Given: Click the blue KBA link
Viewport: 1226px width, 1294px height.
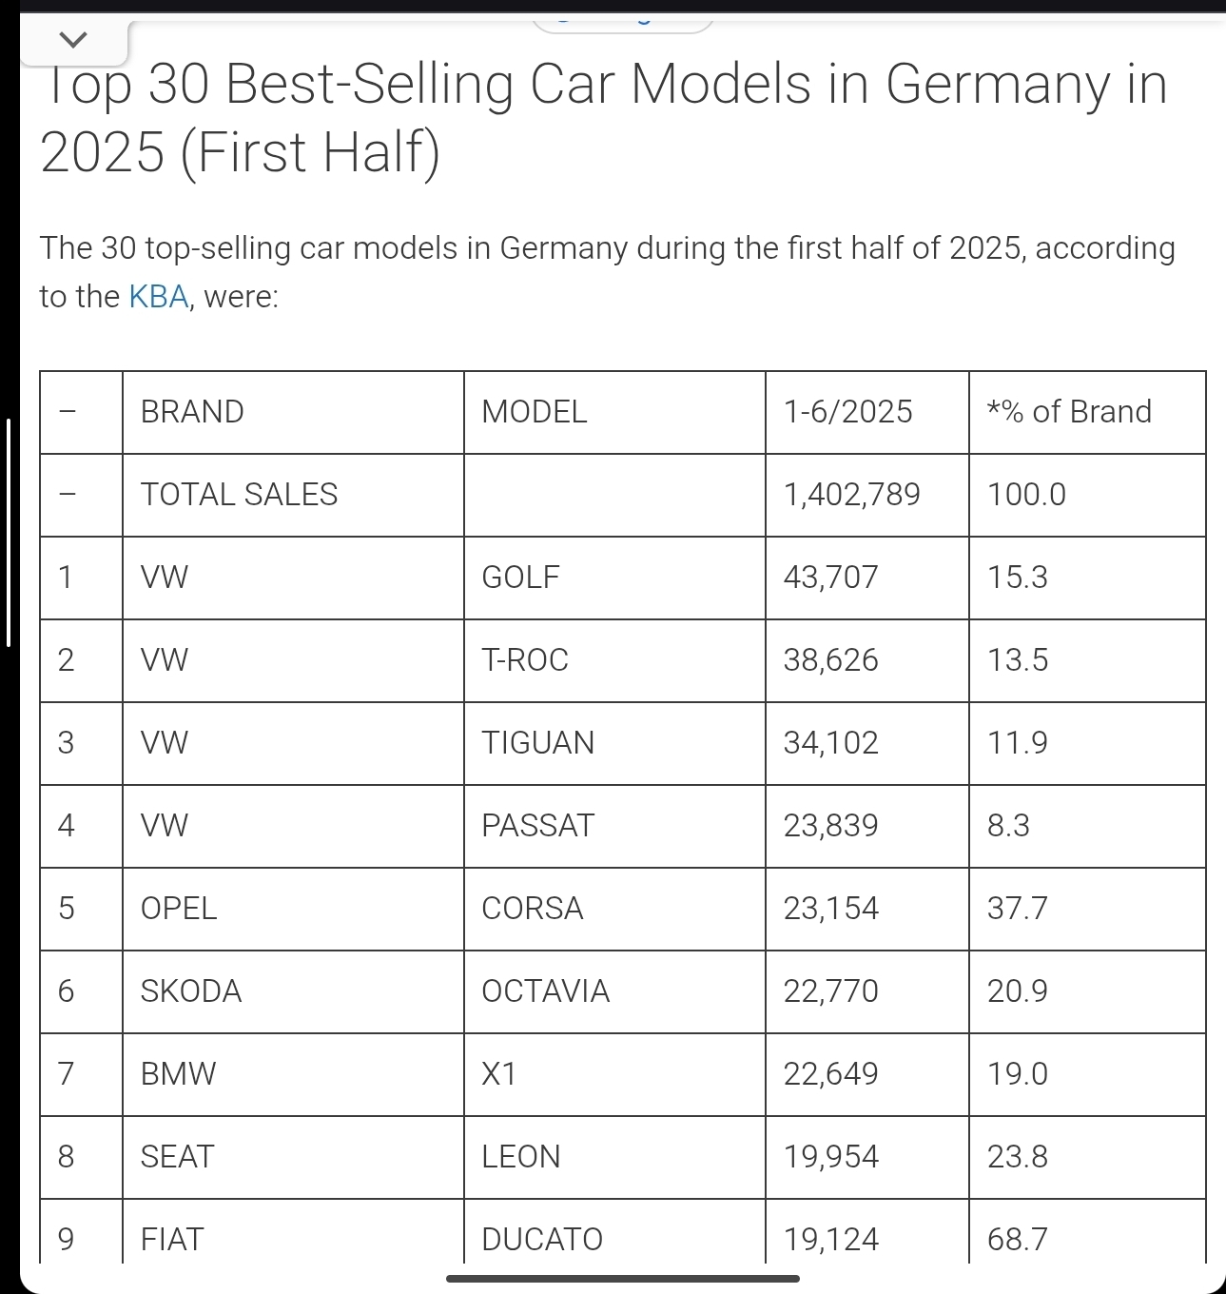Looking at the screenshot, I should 159,297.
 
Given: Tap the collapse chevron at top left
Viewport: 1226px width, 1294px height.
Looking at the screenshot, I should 73,40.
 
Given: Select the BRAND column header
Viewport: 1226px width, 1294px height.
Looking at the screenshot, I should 192,412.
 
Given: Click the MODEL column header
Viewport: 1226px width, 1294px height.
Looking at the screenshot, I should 535,412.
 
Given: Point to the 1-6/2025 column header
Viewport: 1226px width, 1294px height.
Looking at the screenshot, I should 847,412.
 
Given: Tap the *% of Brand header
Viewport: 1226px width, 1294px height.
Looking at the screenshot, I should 1069,412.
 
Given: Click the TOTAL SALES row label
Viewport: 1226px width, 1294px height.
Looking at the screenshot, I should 239,495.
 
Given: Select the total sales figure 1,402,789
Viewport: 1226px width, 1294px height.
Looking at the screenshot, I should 851,495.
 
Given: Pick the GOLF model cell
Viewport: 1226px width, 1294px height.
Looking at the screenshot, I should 520,578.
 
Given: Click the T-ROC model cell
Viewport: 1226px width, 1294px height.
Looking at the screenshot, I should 525,660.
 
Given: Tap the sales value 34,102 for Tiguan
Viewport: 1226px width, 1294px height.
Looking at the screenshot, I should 830,743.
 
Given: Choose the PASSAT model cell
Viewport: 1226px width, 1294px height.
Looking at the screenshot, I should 537,826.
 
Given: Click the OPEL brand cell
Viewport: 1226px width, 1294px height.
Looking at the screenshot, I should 179,909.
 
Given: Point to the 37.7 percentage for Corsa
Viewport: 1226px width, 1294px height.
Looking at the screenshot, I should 1017,909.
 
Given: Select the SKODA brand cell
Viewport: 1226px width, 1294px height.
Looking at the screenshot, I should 191,991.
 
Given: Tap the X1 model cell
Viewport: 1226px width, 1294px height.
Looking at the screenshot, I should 499,1074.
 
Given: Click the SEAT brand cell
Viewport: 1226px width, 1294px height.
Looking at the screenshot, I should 177,1157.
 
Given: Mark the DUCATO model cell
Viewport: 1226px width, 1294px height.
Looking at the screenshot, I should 542,1239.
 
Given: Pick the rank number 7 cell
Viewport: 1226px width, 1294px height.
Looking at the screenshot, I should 66,1074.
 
